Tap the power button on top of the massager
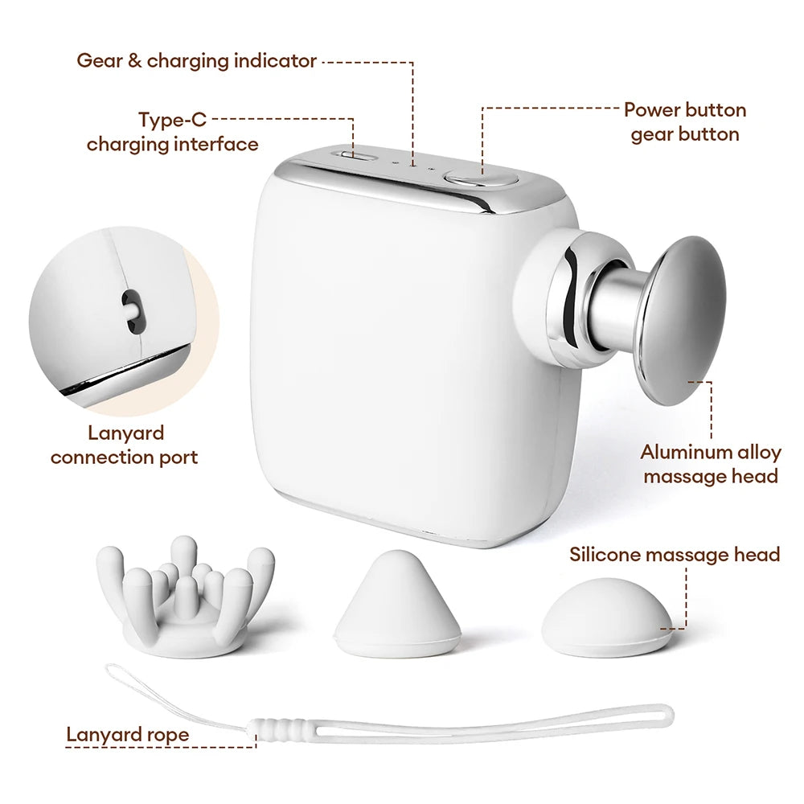click(480, 179)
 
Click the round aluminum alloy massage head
click(682, 321)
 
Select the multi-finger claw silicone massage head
click(186, 597)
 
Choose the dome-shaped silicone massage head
click(606, 617)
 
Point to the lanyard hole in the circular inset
click(133, 310)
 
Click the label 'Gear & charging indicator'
click(196, 61)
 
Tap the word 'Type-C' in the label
click(172, 120)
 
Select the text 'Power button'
click(684, 110)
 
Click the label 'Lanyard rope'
click(128, 735)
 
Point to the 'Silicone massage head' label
click(675, 554)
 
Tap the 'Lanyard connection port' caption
click(125, 445)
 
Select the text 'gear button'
click(685, 135)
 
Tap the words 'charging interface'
click(172, 145)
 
